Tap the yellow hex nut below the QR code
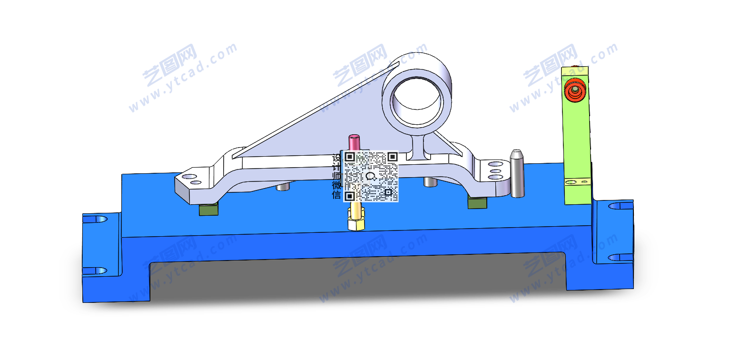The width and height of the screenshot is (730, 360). (356, 223)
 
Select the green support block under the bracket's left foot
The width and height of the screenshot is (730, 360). (208, 209)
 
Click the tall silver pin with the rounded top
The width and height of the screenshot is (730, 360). (517, 173)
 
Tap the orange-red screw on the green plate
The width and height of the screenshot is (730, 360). (575, 90)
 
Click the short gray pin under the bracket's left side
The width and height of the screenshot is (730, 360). (283, 186)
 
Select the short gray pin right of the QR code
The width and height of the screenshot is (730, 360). (431, 182)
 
